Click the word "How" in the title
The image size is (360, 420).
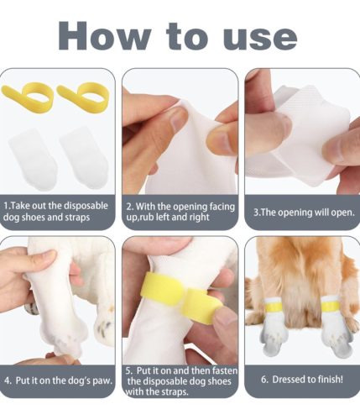pos(104,35)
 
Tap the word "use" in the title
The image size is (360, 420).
pos(260,39)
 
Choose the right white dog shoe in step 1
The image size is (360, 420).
pos(85,159)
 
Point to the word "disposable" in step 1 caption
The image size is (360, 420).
pos(86,206)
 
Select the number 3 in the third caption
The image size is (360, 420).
pos(256,213)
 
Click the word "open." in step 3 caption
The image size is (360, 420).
pos(343,213)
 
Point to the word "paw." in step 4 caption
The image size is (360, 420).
pos(102,381)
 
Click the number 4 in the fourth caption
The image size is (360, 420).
pos(7,381)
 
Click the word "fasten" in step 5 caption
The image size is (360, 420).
pos(224,370)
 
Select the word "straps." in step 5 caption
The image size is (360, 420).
pos(175,391)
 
